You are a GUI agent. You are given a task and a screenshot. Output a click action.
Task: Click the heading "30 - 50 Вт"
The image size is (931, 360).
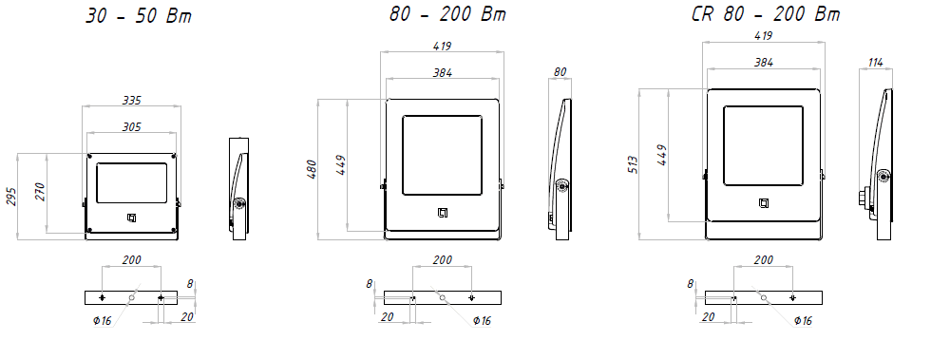139,16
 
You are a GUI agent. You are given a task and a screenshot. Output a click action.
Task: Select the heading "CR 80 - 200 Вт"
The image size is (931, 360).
766,13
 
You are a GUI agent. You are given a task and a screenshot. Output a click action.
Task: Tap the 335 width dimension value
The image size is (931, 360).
131,101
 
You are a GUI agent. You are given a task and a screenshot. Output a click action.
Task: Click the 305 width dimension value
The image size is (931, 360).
131,126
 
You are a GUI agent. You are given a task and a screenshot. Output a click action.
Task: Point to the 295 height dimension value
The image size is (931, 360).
11,197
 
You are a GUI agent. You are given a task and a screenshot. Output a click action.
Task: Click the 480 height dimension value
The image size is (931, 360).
312,170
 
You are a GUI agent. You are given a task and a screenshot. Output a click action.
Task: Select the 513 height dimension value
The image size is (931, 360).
633,164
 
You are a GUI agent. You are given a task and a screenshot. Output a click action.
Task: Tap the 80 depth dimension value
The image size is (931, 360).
560,72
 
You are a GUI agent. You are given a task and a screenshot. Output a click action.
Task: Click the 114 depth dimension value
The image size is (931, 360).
875,62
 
